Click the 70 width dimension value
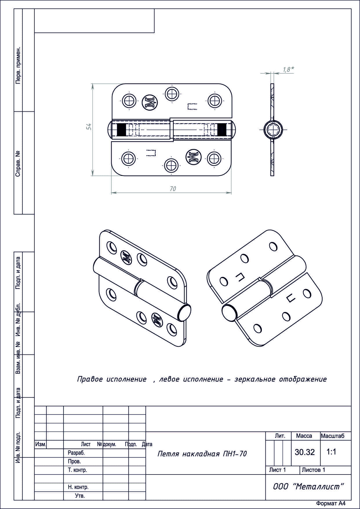coord(172,189)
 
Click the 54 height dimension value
coord(90,126)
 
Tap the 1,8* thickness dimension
coord(288,69)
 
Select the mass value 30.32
coord(305,452)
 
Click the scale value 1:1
coord(331,452)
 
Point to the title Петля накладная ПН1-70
coord(202,454)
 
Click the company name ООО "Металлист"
coord(308,487)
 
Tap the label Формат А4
coord(330,503)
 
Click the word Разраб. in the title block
coord(76,453)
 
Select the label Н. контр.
coord(76,487)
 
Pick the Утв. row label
coord(80,496)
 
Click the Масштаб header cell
coord(332,436)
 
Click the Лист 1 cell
coord(277,470)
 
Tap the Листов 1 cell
coord(314,470)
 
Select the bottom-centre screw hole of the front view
coord(172,166)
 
